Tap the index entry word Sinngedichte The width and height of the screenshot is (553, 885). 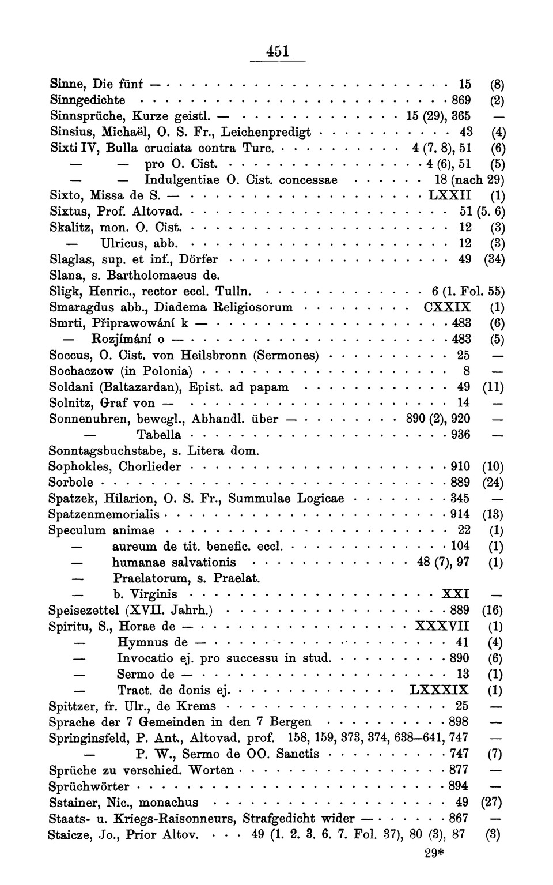click(x=88, y=100)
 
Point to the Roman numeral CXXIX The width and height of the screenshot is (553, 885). click(x=447, y=307)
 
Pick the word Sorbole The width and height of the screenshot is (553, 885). click(x=71, y=482)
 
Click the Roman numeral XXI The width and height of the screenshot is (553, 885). click(x=455, y=594)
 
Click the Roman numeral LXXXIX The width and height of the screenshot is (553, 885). click(x=439, y=690)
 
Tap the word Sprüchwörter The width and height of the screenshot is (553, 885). click(x=89, y=786)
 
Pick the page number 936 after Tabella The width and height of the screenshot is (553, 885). click(x=460, y=434)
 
